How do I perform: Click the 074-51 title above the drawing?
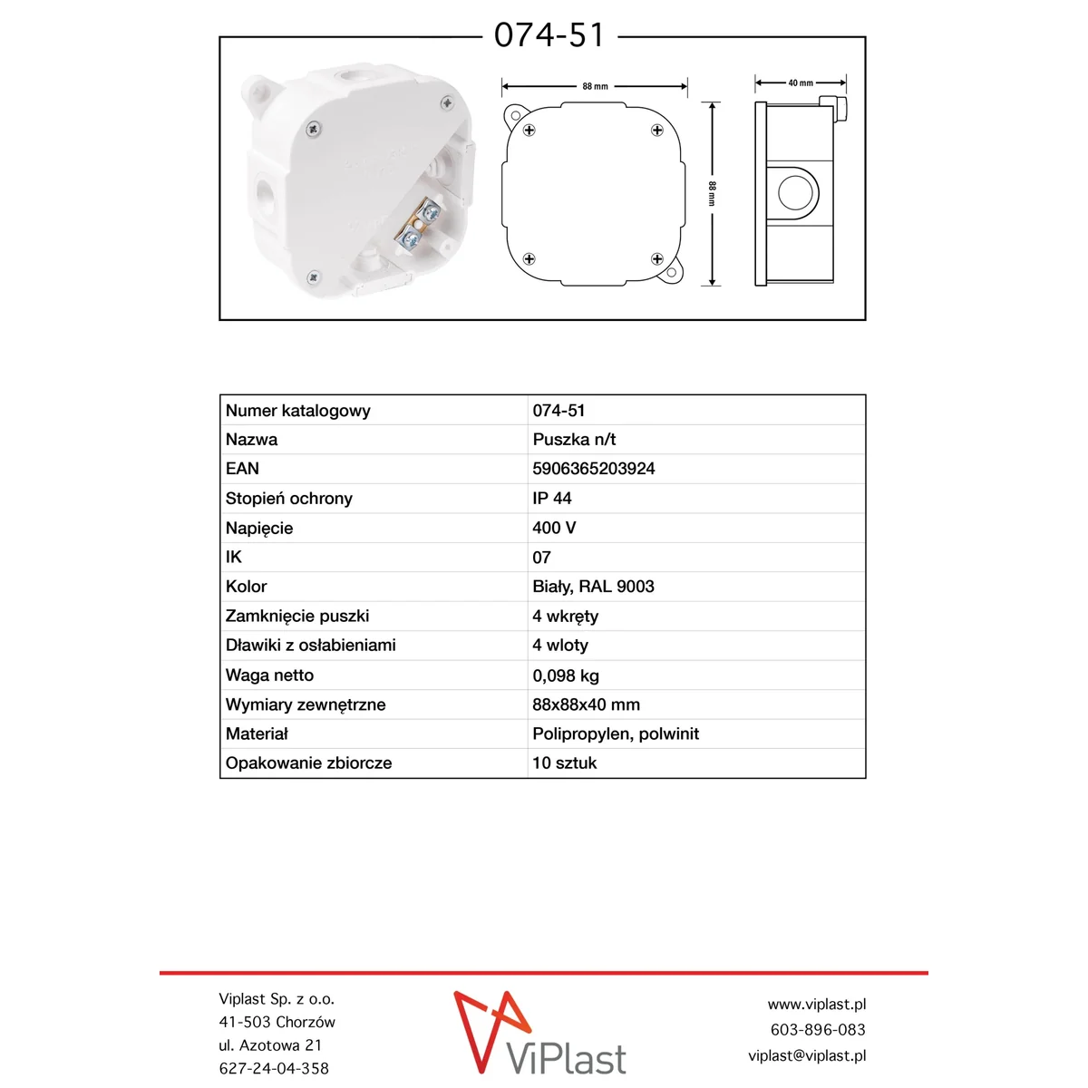[x=549, y=35]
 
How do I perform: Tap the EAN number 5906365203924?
[x=593, y=469]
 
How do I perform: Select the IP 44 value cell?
[x=552, y=498]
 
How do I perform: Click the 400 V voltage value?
[x=554, y=528]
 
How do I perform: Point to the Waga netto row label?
[x=269, y=675]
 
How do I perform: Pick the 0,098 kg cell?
[x=566, y=675]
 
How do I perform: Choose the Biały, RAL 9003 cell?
[x=593, y=587]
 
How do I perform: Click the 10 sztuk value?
[x=564, y=763]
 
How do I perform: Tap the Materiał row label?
[x=257, y=733]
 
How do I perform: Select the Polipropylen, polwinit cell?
[x=616, y=733]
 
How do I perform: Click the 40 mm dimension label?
[x=801, y=83]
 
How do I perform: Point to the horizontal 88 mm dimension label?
[x=595, y=87]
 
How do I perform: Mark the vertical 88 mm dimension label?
[x=713, y=193]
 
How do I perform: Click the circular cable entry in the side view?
[x=797, y=193]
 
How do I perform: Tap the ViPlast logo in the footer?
[x=540, y=1034]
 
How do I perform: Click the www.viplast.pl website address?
[x=816, y=1005]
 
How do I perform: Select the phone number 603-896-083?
[x=817, y=1030]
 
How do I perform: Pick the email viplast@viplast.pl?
[x=806, y=1055]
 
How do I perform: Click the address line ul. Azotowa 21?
[x=270, y=1045]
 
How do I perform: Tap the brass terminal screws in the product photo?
[x=419, y=227]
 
